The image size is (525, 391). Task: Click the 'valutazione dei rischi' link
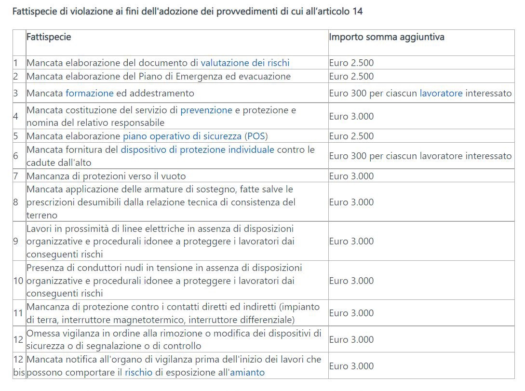point(245,63)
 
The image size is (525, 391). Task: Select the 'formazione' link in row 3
point(89,93)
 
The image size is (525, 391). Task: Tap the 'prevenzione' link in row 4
point(206,110)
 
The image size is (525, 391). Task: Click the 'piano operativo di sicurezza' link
point(182,136)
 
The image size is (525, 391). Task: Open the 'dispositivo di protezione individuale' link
point(197,149)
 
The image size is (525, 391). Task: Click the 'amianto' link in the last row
point(247,372)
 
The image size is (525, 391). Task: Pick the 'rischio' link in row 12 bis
point(138,372)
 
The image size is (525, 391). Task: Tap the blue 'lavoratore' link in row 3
point(441,93)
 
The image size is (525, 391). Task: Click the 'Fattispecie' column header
point(49,37)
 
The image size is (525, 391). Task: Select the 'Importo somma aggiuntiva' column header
point(387,37)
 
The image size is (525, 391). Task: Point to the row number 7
point(16,176)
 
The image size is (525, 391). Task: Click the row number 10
point(18,281)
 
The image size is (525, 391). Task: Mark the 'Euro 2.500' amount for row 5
point(351,136)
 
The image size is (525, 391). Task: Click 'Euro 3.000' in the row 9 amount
point(351,241)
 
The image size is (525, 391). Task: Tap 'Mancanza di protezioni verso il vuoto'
point(106,176)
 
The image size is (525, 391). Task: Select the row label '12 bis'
point(18,366)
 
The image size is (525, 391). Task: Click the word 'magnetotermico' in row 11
point(154,320)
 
